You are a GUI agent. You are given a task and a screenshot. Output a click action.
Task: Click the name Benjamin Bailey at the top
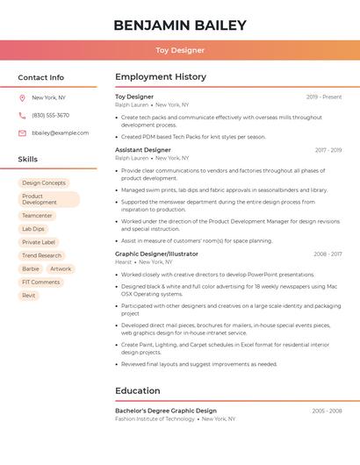pyautogui.click(x=180, y=25)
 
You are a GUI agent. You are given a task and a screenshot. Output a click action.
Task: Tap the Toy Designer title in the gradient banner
pyautogui.click(x=180, y=50)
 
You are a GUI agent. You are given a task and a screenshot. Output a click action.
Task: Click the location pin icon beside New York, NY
pyautogui.click(x=22, y=97)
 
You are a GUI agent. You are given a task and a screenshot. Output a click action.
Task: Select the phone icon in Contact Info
pyautogui.click(x=22, y=115)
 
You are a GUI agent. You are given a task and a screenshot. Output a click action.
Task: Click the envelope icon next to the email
pyautogui.click(x=22, y=133)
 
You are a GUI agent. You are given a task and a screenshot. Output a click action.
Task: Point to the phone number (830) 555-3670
pyautogui.click(x=50, y=115)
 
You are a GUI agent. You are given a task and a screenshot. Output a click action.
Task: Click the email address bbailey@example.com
pyautogui.click(x=60, y=133)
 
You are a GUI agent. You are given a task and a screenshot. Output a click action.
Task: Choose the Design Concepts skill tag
pyautogui.click(x=44, y=182)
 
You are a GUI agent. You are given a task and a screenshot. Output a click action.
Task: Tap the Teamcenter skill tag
pyautogui.click(x=38, y=215)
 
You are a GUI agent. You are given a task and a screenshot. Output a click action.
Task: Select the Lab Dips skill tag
pyautogui.click(x=33, y=228)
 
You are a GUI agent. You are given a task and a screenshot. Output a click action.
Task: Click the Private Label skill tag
pyautogui.click(x=39, y=242)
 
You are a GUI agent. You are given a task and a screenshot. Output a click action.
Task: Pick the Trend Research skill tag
pyautogui.click(x=42, y=255)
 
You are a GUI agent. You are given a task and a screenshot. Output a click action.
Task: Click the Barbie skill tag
pyautogui.click(x=31, y=268)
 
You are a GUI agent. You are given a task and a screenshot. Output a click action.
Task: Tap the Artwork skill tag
pyautogui.click(x=61, y=268)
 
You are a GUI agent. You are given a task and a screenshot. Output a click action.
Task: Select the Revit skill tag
pyautogui.click(x=29, y=296)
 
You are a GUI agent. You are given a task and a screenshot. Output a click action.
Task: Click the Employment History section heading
pyautogui.click(x=161, y=77)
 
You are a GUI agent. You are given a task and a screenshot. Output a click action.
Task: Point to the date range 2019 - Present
pyautogui.click(x=324, y=97)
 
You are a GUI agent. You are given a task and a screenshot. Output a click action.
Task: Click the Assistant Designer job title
pyautogui.click(x=143, y=150)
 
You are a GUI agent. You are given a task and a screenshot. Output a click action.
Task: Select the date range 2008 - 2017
pyautogui.click(x=328, y=254)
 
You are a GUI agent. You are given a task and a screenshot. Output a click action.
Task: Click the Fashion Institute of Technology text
pyautogui.click(x=155, y=418)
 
